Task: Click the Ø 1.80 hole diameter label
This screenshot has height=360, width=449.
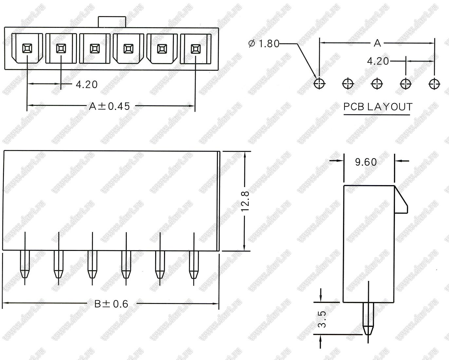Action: (x=264, y=44)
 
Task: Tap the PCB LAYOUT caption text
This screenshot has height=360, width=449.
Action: (x=378, y=107)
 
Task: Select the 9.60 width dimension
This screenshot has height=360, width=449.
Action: (x=366, y=162)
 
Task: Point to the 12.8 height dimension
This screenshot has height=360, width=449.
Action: (x=245, y=201)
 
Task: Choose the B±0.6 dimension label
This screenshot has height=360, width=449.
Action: (x=111, y=304)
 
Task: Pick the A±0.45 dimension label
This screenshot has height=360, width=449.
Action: (x=109, y=106)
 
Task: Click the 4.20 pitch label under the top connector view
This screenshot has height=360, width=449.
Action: (x=86, y=85)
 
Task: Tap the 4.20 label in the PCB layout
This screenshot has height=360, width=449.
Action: (x=378, y=61)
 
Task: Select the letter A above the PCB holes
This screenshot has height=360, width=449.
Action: (x=377, y=43)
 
